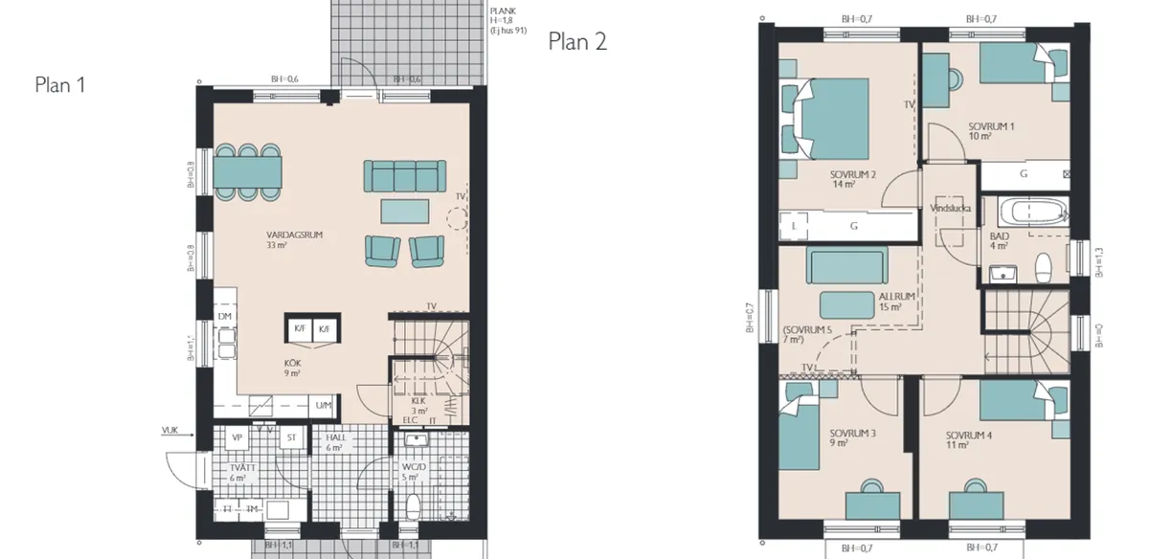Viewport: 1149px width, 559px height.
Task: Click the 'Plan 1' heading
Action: pos(60,85)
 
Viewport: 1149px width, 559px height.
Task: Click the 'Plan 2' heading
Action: pos(577,41)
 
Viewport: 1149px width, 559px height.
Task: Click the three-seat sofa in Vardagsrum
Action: pos(404,176)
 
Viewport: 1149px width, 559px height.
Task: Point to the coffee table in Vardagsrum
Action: pos(406,210)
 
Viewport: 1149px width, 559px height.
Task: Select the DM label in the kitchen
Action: pos(224,317)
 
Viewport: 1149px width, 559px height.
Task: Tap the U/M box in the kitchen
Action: pos(325,406)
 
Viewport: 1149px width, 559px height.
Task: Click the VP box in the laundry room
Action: pos(237,437)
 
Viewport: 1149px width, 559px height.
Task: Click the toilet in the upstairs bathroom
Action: pos(1045,265)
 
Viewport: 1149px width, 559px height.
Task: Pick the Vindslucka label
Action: pos(951,207)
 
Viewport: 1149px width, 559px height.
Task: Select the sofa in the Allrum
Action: pos(847,265)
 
